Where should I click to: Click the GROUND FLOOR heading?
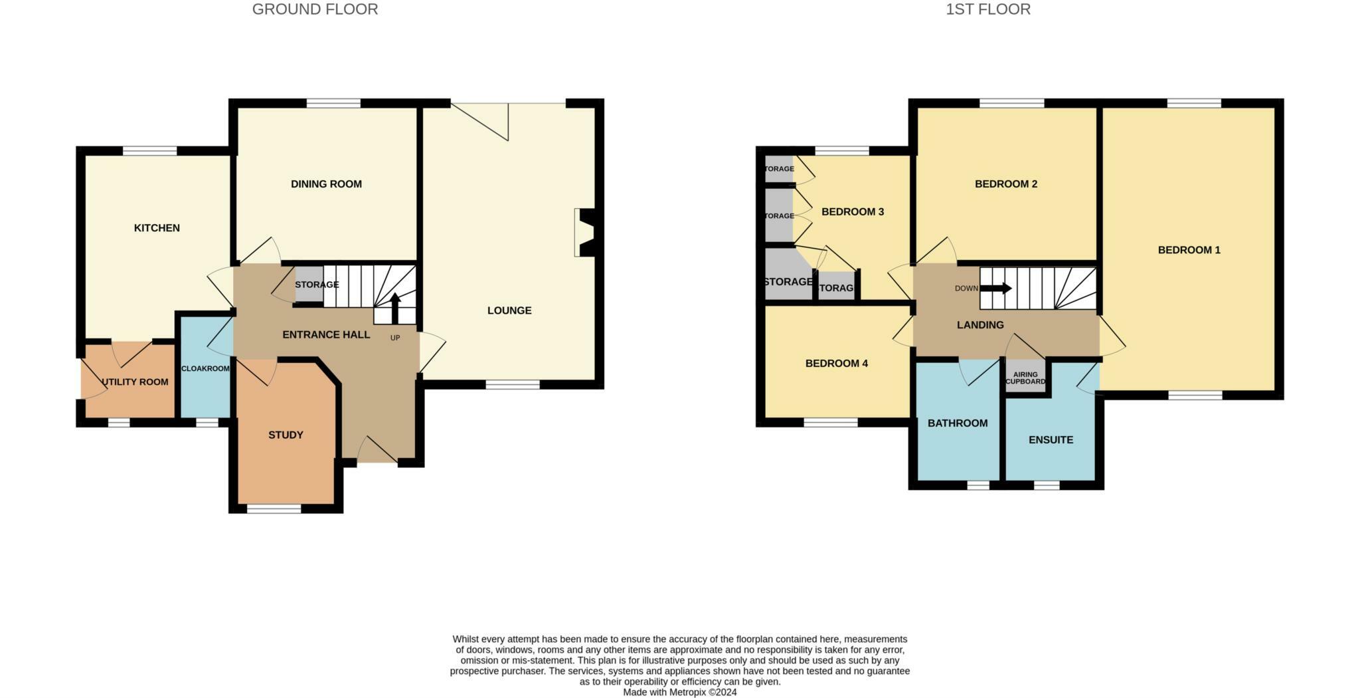[x=315, y=9]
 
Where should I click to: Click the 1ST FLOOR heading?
[x=988, y=9]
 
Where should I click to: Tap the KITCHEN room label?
[x=157, y=228]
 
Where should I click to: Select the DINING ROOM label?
[x=326, y=184]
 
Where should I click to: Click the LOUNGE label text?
[x=509, y=310]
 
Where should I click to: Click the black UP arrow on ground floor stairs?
[x=395, y=307]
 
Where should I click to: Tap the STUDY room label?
[x=286, y=435]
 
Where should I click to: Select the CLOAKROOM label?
[x=205, y=368]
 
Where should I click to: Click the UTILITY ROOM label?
[x=135, y=382]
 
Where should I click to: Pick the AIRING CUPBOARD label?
[x=1025, y=378]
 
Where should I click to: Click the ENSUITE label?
[x=1051, y=440]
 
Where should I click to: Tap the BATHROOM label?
[x=958, y=423]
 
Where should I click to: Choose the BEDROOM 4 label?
[x=836, y=364]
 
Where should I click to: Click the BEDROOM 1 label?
[x=1189, y=250]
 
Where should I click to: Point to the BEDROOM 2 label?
[x=1006, y=184]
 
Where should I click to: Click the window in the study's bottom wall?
[x=274, y=509]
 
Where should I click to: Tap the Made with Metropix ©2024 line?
[x=679, y=692]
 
